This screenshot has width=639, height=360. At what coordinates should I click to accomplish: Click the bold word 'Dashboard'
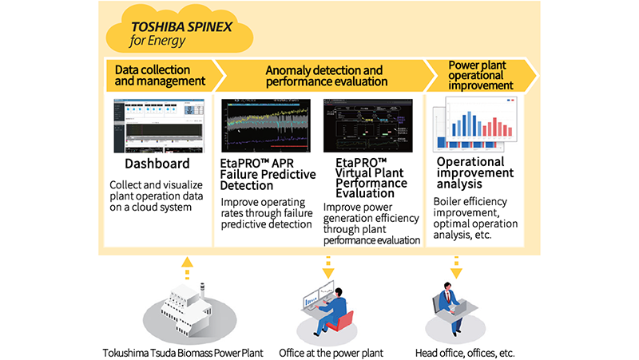[x=157, y=164]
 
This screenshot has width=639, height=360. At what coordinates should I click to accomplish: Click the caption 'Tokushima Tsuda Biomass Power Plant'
[x=183, y=352]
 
